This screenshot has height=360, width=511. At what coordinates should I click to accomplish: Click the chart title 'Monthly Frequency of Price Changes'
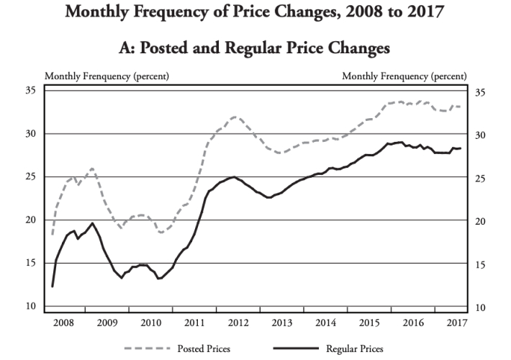(x=256, y=14)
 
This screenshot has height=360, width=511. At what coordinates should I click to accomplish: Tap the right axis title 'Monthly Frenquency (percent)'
(x=404, y=76)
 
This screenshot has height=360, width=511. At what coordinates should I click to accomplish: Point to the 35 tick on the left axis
(x=31, y=91)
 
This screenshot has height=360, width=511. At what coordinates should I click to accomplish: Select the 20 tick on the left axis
(x=31, y=220)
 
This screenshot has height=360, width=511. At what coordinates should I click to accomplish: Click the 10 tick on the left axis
(x=31, y=307)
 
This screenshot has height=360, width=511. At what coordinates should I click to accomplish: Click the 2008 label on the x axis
(x=63, y=322)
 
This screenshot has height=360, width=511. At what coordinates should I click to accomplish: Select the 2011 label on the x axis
(x=194, y=322)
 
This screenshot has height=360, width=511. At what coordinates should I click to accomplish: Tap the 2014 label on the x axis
(x=326, y=322)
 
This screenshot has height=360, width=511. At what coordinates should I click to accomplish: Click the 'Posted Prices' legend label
(x=204, y=348)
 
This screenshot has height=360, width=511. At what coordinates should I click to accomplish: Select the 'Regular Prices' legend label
(x=354, y=348)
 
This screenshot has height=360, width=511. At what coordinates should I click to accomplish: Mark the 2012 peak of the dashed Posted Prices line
(x=235, y=117)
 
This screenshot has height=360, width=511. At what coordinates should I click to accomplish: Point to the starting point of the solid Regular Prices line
(x=52, y=287)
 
